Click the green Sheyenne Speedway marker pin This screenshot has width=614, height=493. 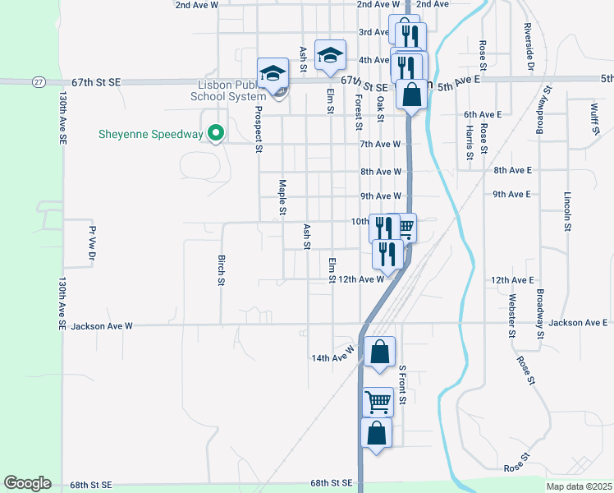pyautogui.click(x=217, y=132)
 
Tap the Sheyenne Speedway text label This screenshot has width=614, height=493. pyautogui.click(x=150, y=134)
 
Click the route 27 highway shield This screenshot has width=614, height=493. pyautogui.click(x=39, y=82)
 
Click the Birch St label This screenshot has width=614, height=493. pyautogui.click(x=221, y=270)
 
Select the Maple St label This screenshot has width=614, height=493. pyautogui.click(x=282, y=197)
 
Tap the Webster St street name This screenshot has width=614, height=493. pyautogui.click(x=511, y=316)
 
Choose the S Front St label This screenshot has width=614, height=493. pyautogui.click(x=403, y=385)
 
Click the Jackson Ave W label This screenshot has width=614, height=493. pyautogui.click(x=102, y=326)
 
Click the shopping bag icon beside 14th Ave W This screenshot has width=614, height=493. pyautogui.click(x=379, y=352)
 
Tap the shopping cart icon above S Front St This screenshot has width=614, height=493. pyautogui.click(x=378, y=403)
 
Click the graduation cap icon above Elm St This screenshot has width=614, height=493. pyautogui.click(x=330, y=55)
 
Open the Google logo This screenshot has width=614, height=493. pyautogui.click(x=27, y=483)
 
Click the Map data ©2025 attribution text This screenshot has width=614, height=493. pyautogui.click(x=579, y=486)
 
